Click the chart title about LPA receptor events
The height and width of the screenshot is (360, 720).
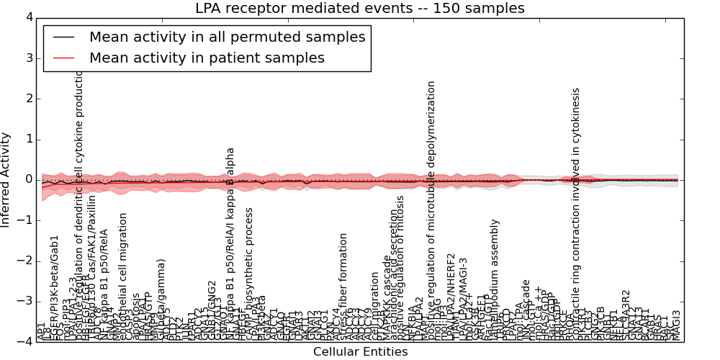point(359,9)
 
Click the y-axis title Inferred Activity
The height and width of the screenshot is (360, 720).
point(6,179)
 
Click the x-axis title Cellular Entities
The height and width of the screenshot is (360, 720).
point(359,351)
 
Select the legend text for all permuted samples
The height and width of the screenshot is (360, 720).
point(227,37)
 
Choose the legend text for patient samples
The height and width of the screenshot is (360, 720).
point(207,58)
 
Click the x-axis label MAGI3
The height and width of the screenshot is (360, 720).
point(676,325)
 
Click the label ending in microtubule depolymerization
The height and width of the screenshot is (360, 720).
point(431,210)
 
